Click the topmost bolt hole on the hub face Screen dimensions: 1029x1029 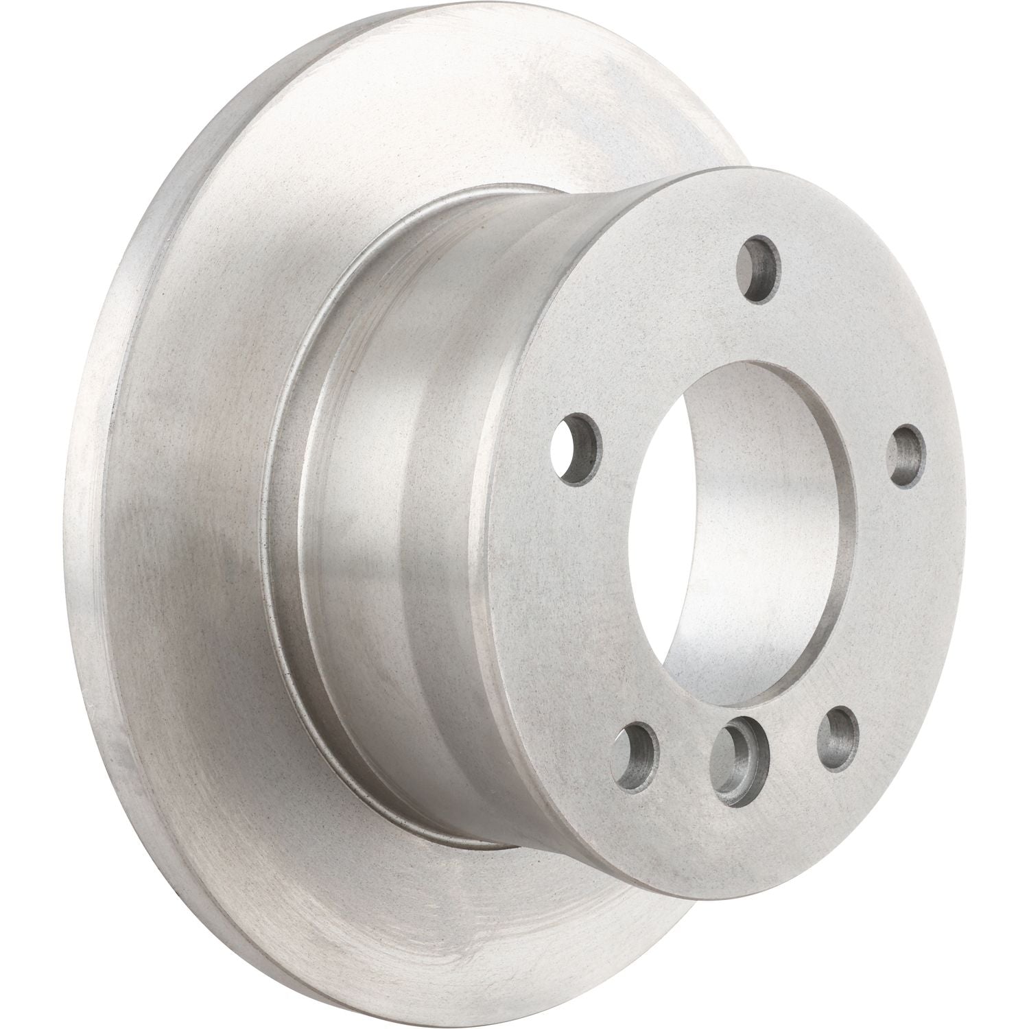tap(759, 269)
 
